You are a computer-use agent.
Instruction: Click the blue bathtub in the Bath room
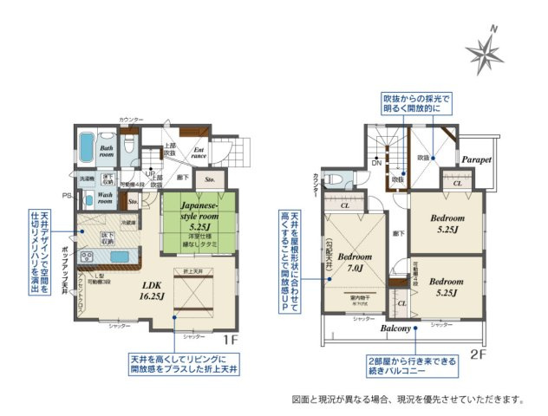87,148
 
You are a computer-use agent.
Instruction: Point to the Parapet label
476,160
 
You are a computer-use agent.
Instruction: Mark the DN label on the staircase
376,163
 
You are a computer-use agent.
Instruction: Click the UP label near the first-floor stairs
150,172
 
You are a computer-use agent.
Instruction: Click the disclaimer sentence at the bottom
407,400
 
